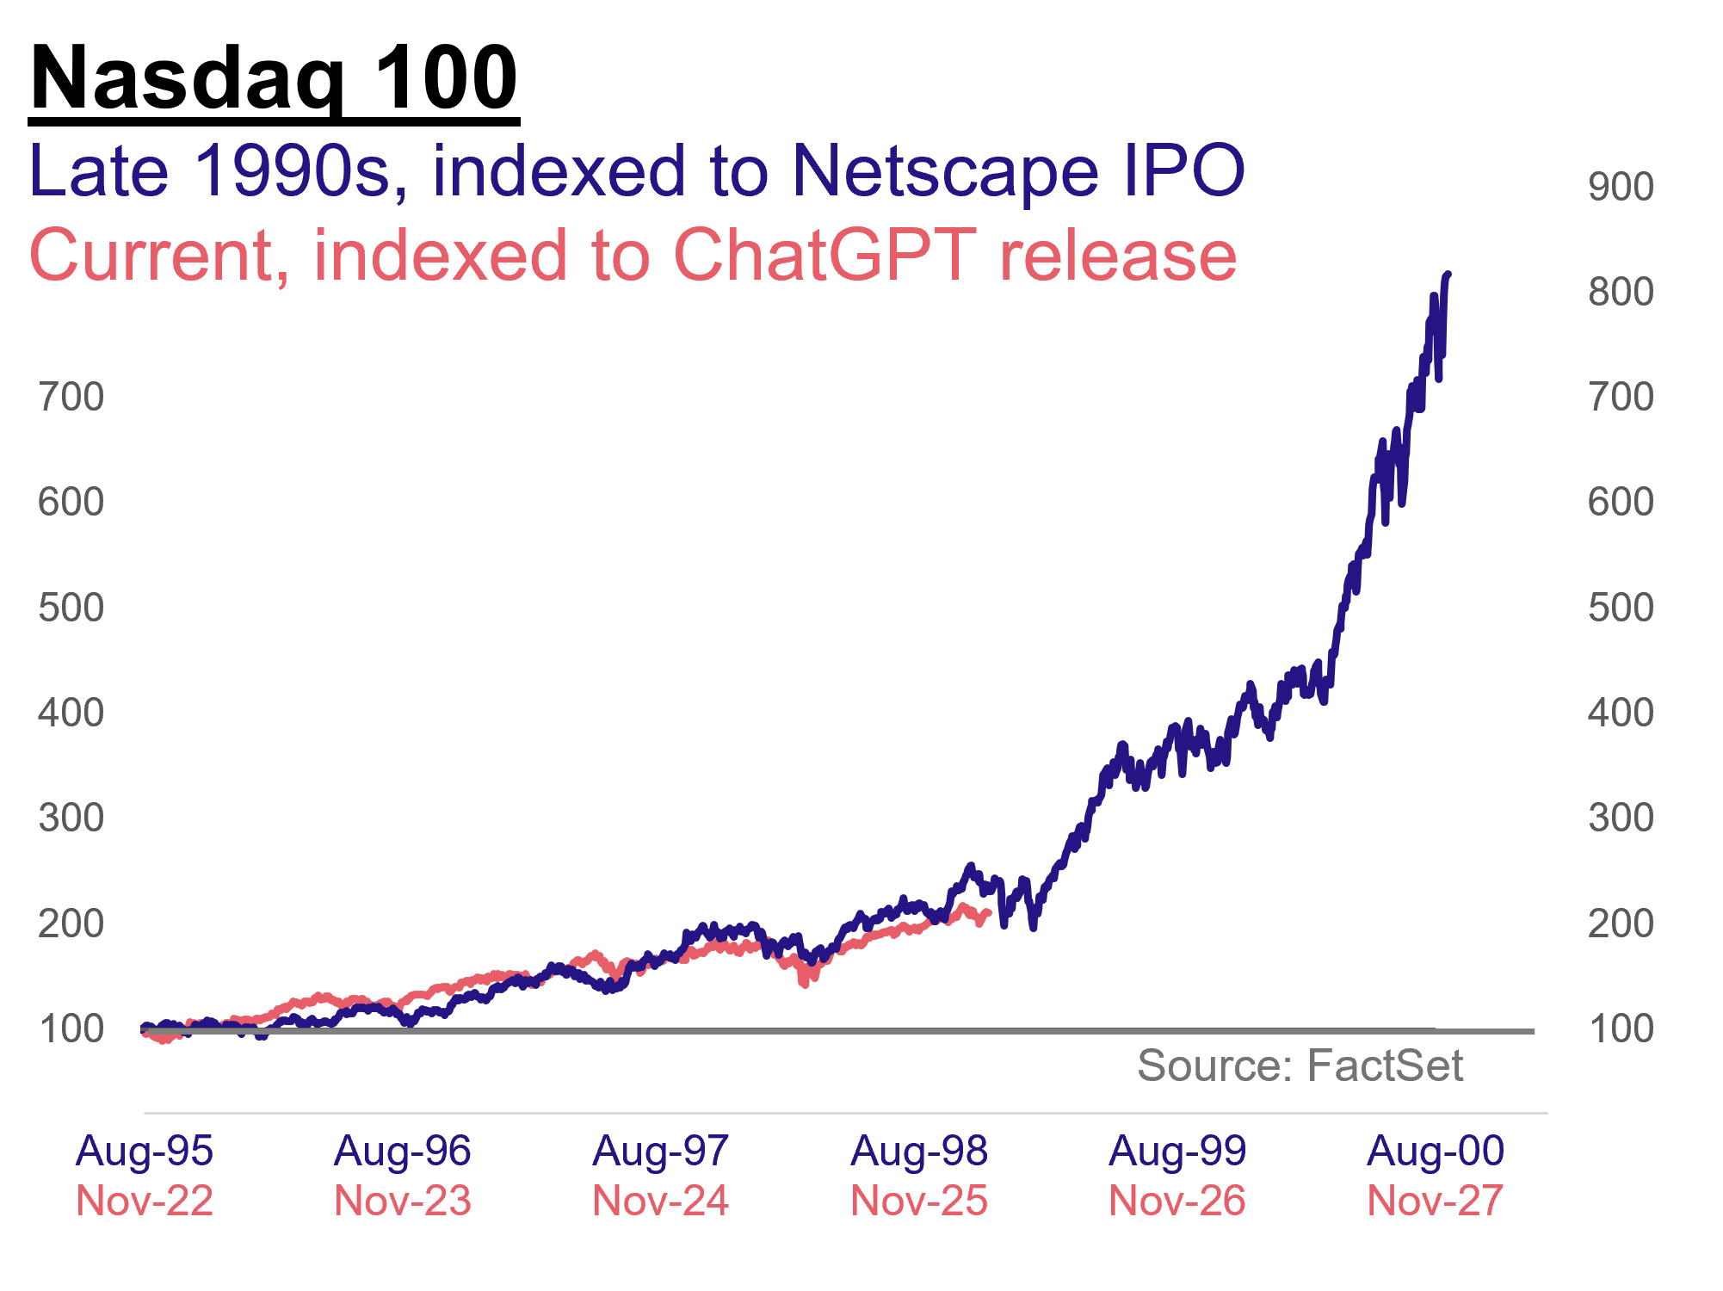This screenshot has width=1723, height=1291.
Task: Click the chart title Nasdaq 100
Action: click(x=274, y=79)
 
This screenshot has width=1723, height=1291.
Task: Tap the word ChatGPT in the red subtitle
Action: click(x=824, y=256)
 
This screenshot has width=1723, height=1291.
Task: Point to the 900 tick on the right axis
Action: click(x=1620, y=188)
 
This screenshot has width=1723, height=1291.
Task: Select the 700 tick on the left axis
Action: click(x=71, y=398)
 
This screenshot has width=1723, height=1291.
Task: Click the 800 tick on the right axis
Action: click(x=1620, y=293)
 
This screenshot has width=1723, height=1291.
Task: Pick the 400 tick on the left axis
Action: click(x=71, y=713)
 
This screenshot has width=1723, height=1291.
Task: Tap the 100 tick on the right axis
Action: click(x=1620, y=1029)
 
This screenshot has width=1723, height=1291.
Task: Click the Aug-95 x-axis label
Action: click(x=144, y=1152)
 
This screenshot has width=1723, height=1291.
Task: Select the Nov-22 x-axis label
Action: click(x=144, y=1201)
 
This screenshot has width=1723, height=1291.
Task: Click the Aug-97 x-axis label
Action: click(x=660, y=1152)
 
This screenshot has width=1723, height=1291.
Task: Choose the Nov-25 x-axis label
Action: click(x=918, y=1201)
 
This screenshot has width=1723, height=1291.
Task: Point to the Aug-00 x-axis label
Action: click(x=1435, y=1152)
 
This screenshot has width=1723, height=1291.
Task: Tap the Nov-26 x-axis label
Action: click(x=1176, y=1201)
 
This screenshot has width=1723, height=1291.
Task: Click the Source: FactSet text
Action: click(x=1300, y=1066)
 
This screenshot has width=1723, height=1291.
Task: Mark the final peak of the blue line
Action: click(x=1448, y=275)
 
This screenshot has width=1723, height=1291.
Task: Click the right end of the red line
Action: click(x=989, y=912)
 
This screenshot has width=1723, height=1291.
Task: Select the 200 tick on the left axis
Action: click(x=71, y=924)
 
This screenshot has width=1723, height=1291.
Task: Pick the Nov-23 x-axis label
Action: click(x=402, y=1201)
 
